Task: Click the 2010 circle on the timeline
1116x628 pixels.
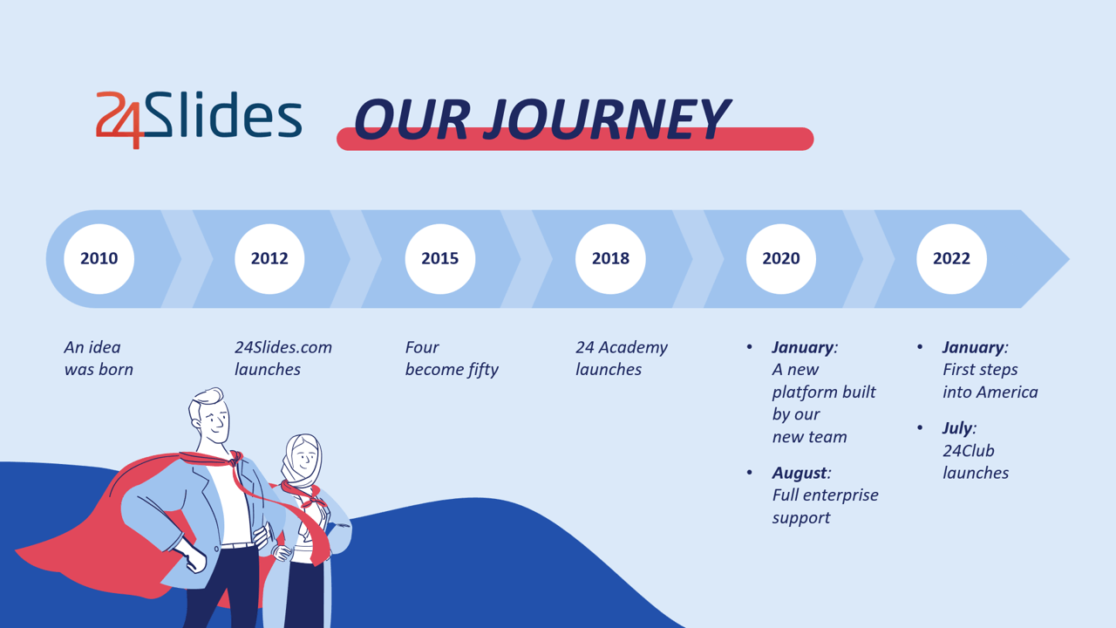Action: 99,259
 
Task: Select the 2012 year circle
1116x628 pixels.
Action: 269,259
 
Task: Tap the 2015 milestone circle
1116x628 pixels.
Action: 440,259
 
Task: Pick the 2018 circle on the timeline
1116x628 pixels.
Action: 610,259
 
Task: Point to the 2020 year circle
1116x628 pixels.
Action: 780,259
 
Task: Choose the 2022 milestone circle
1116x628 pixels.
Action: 951,259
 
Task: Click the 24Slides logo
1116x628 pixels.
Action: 199,119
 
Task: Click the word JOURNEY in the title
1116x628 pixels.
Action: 606,119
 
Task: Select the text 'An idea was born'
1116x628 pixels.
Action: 99,358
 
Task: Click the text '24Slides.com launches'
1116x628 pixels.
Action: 283,358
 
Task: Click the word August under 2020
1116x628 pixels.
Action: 800,473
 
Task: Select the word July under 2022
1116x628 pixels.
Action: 957,428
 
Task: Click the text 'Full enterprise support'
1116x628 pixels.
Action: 825,507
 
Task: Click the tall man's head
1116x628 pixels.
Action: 210,415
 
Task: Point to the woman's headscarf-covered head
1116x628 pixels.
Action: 302,459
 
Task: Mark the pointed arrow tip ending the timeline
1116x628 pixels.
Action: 1069,259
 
